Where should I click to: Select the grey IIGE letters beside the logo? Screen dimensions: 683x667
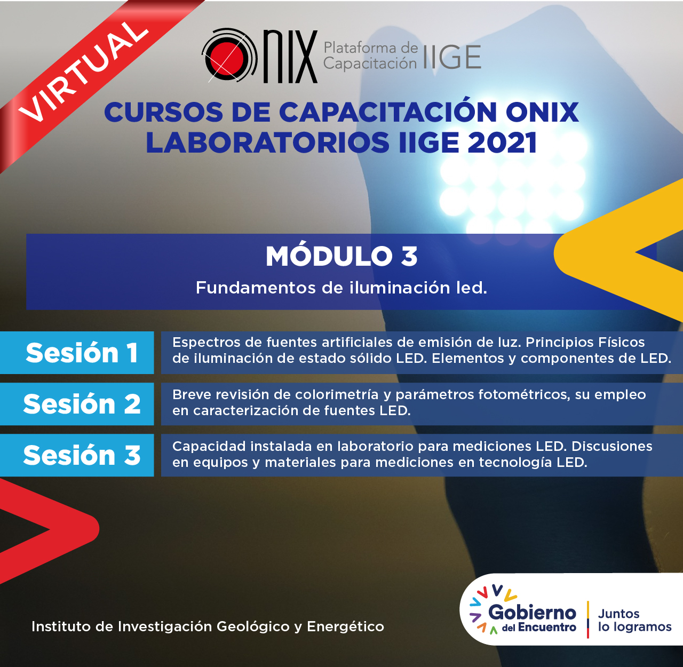tap(452, 57)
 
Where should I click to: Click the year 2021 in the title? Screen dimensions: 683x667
tap(502, 142)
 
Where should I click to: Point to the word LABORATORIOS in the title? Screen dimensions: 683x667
tap(267, 142)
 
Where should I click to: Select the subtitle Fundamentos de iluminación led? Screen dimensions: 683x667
tap(341, 288)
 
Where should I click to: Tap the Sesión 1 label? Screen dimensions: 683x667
tap(82, 353)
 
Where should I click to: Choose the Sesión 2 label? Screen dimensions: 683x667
tap(82, 404)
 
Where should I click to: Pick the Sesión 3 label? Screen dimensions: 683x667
tap(82, 455)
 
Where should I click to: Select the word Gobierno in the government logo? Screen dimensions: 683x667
tap(532, 613)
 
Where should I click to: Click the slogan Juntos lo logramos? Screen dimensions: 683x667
tap(634, 620)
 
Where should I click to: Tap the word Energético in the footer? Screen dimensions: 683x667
tap(345, 627)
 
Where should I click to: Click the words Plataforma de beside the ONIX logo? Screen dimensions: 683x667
tap(371, 48)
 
